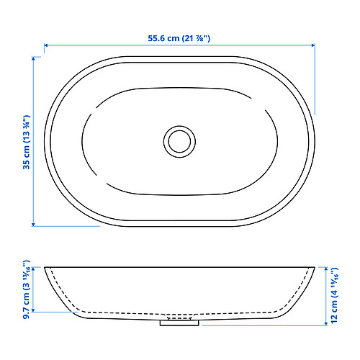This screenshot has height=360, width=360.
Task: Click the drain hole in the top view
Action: pos(179,140)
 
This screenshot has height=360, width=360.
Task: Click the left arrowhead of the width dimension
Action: pos(47,45)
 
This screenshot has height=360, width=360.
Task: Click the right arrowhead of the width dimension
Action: pos(313,45)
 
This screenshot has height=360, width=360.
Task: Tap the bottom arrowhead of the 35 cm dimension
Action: pos(35,223)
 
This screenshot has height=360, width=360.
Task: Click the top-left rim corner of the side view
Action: pos(45,267)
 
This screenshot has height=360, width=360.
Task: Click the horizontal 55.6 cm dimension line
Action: pos(108,45)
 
